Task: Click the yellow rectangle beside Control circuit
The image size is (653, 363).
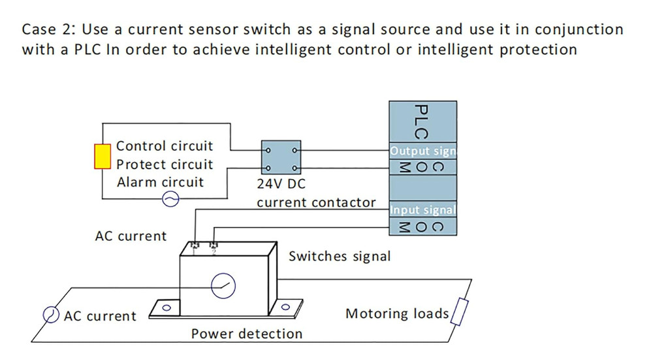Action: point(102,157)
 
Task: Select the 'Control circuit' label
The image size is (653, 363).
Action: point(164,146)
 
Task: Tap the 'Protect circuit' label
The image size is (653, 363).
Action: point(165,165)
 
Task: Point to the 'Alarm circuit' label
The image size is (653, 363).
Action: point(160,182)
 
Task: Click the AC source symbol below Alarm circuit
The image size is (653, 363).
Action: point(170,200)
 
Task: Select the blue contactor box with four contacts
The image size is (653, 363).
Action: point(281,159)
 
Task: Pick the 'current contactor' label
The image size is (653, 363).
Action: point(316,202)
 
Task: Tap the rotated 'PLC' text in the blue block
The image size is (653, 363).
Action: point(421,122)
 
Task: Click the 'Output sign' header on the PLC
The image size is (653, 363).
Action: point(422,151)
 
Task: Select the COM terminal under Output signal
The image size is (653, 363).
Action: point(422,166)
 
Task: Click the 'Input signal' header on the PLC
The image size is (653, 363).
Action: point(422,210)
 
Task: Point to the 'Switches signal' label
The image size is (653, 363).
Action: point(340,256)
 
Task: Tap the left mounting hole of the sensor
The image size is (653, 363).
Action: point(167,307)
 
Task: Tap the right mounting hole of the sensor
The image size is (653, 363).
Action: point(285,306)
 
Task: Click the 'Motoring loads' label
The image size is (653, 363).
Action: point(397,313)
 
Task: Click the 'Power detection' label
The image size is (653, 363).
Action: point(247,334)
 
